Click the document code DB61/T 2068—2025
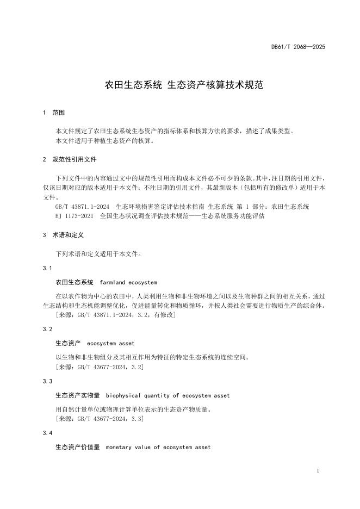[298, 47]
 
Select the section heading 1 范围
[54, 113]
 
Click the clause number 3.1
[47, 268]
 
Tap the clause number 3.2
[47, 329]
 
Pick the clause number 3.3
[47, 381]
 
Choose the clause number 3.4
[47, 433]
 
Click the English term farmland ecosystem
[128, 283]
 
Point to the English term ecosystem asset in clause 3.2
[110, 344]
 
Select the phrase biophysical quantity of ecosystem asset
[167, 395]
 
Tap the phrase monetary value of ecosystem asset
[158, 448]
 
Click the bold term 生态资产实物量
[78, 395]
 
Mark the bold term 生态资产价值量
[78, 448]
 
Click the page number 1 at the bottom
[317, 471]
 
